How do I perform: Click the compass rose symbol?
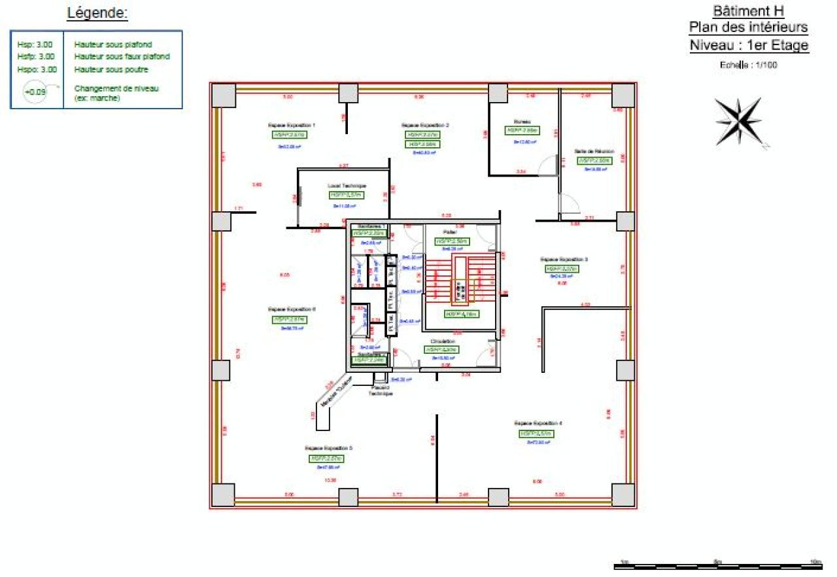(739, 121)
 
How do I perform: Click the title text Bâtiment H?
(748, 11)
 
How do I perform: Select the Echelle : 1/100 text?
(748, 65)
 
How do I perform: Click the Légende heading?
(97, 12)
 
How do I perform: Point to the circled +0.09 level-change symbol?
(35, 92)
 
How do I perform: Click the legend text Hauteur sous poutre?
(111, 69)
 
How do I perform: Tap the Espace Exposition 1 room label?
(292, 124)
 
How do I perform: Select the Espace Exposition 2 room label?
(425, 124)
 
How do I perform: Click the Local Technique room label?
(347, 186)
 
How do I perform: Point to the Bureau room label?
(522, 122)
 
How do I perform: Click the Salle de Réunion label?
(594, 150)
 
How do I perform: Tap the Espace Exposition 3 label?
(564, 259)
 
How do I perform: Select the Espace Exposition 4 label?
(538, 423)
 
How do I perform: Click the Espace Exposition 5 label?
(328, 448)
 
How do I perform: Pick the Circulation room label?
(443, 341)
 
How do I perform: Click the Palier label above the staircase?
(449, 232)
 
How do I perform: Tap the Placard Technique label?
(379, 391)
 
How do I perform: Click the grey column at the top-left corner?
(223, 96)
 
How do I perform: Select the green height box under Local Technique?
(346, 195)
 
